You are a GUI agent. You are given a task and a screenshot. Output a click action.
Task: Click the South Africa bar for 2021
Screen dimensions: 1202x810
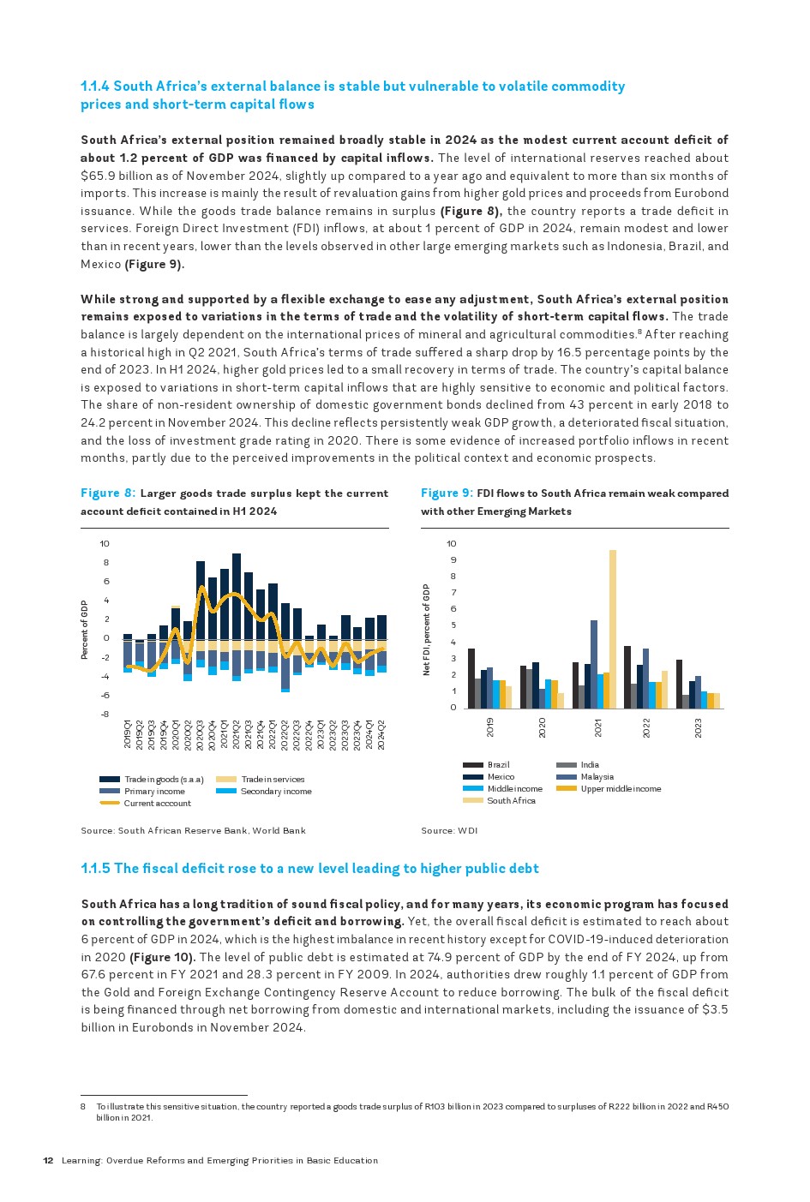click(x=613, y=629)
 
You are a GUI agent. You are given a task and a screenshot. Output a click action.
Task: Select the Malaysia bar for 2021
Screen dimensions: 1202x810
click(x=594, y=664)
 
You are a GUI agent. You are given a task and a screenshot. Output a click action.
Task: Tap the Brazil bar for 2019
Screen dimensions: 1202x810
click(x=471, y=679)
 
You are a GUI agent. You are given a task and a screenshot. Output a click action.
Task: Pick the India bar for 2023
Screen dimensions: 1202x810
click(x=686, y=702)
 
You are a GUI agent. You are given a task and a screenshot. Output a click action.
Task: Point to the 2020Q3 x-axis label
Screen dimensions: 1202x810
click(x=201, y=735)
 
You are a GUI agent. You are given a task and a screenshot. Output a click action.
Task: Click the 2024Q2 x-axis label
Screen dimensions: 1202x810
click(x=381, y=735)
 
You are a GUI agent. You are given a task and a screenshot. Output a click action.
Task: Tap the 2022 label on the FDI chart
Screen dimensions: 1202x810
click(x=647, y=727)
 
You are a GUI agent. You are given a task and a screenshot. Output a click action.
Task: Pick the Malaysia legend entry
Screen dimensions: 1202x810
click(x=597, y=777)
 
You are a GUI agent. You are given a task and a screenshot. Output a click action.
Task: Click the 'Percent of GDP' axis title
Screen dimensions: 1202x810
click(x=85, y=630)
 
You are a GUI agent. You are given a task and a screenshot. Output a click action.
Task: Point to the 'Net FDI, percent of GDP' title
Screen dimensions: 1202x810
click(x=426, y=630)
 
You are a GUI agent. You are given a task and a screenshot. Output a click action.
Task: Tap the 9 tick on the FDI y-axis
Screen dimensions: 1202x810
click(x=452, y=560)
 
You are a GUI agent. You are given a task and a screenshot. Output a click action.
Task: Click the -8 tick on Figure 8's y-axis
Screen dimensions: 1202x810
click(x=105, y=715)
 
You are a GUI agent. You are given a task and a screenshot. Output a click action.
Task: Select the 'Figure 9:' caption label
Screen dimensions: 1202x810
click(x=447, y=493)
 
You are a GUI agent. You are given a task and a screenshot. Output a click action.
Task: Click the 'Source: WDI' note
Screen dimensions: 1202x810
click(x=449, y=831)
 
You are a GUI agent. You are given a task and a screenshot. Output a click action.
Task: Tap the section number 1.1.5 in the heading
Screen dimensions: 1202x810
click(x=95, y=869)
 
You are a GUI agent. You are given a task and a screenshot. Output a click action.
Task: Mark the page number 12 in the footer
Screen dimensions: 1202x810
click(x=49, y=1161)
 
